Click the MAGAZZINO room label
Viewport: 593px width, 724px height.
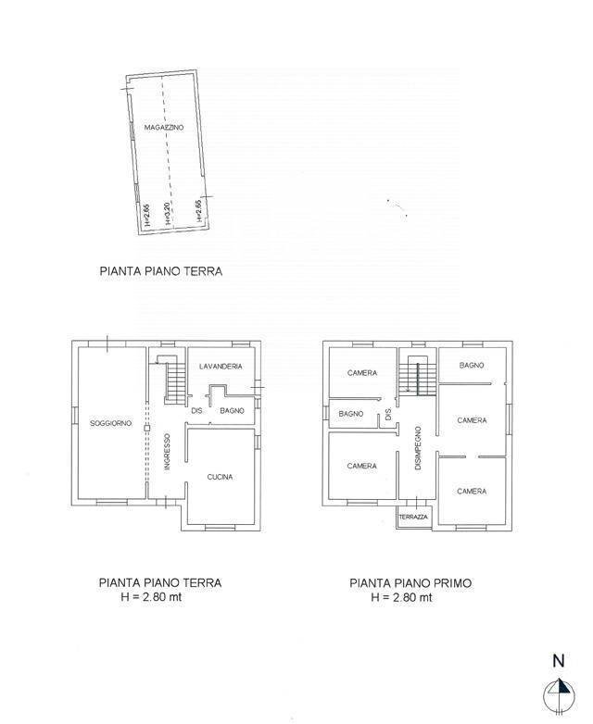pyautogui.click(x=164, y=127)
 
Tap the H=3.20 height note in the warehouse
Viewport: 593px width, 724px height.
pyautogui.click(x=168, y=214)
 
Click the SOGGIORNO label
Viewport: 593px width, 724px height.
pyautogui.click(x=110, y=423)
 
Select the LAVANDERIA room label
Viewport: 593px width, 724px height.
pyautogui.click(x=221, y=367)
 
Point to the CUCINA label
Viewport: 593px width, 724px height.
pyautogui.click(x=220, y=477)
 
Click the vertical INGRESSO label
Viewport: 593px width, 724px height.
pyautogui.click(x=168, y=451)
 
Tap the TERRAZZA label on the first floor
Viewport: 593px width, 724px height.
pyautogui.click(x=413, y=517)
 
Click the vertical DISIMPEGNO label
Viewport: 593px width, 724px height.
pyautogui.click(x=419, y=449)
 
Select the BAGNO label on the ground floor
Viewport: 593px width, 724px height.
pyautogui.click(x=232, y=410)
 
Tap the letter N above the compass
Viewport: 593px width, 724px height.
pyautogui.click(x=559, y=661)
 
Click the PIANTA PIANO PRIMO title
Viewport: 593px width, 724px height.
pyautogui.click(x=410, y=583)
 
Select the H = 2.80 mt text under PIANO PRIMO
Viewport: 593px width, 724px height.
pyautogui.click(x=401, y=597)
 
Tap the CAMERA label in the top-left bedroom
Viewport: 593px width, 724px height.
pyautogui.click(x=362, y=373)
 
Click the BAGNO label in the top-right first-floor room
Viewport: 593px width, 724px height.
pyautogui.click(x=472, y=366)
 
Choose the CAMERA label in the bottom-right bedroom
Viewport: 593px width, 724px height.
pyautogui.click(x=472, y=492)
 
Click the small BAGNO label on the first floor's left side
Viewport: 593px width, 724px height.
pyautogui.click(x=350, y=413)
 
